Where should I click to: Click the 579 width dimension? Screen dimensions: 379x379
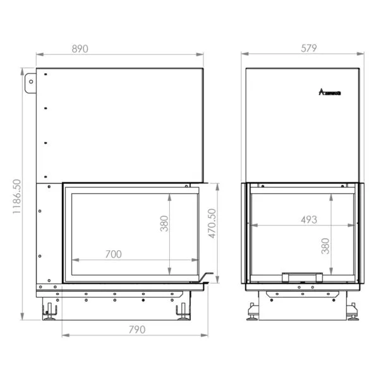[308, 48]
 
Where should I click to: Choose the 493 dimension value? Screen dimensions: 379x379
[308, 220]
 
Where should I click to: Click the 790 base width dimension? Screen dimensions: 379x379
[136, 329]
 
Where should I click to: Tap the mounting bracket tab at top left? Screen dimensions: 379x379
[30, 83]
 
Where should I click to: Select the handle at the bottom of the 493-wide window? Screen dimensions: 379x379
[302, 275]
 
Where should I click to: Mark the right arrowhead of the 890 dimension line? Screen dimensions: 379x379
[204, 55]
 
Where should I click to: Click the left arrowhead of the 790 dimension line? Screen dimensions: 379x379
[64, 335]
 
